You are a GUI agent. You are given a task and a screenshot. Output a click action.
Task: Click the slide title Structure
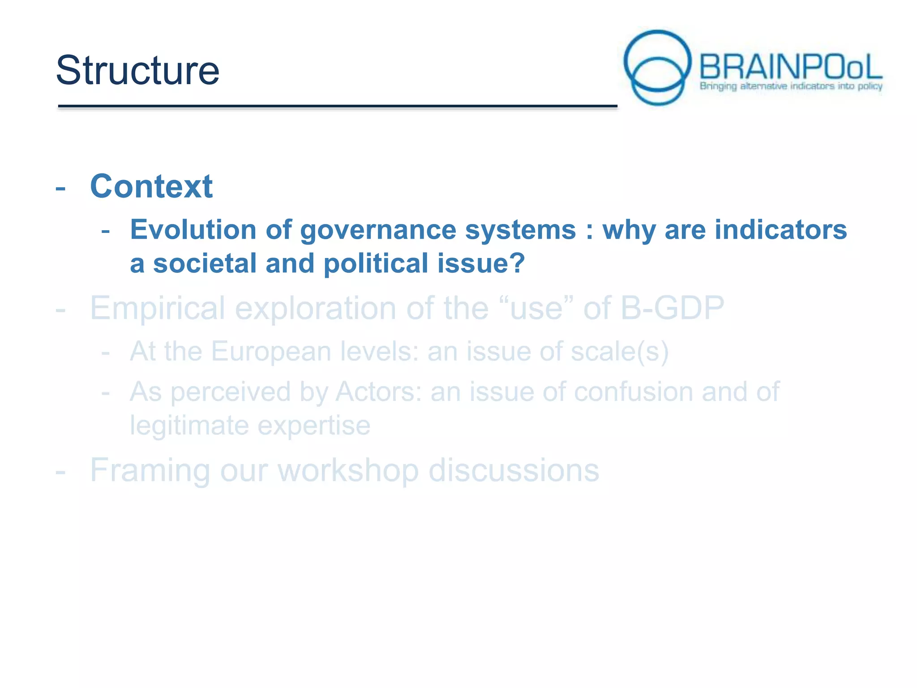point(137,70)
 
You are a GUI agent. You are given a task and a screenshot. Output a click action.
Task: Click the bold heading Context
point(151,186)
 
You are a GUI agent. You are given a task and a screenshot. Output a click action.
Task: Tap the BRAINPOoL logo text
point(790,67)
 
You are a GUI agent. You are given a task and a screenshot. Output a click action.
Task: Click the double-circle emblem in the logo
point(657,67)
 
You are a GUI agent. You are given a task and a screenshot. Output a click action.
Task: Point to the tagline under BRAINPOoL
point(791,86)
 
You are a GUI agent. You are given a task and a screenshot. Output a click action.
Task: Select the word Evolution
point(193,230)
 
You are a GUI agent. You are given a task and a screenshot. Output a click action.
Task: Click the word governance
point(378,230)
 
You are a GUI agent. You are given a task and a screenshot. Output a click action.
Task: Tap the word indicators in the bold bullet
point(780,230)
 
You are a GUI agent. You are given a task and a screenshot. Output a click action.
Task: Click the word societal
point(205,263)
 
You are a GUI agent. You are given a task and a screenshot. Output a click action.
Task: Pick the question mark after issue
point(518,263)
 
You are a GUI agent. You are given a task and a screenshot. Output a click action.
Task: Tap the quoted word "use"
point(536,309)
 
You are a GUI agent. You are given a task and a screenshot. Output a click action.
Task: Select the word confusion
point(633,392)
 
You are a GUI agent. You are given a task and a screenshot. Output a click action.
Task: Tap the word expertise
point(314,425)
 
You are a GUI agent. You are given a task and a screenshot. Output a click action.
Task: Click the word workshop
point(348,470)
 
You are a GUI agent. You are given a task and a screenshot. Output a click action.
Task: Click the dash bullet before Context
point(60,188)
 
